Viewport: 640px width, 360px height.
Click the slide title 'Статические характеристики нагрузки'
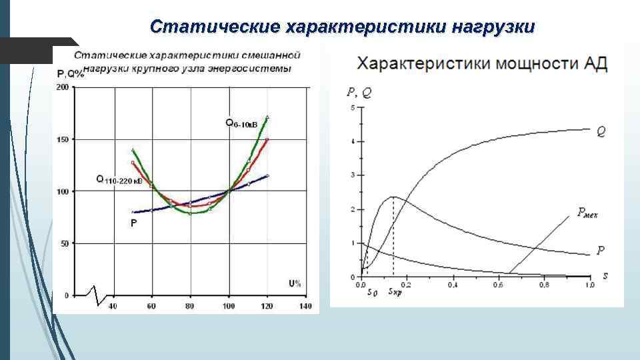click(x=342, y=27)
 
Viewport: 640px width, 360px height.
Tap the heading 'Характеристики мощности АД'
click(x=482, y=64)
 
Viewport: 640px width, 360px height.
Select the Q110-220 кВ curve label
click(x=119, y=180)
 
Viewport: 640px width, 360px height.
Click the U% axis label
click(x=295, y=283)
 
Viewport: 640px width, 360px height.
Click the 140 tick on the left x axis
click(x=305, y=306)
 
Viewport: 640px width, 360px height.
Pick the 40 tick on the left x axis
click(x=113, y=306)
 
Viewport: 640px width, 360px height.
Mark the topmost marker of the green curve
click(x=267, y=117)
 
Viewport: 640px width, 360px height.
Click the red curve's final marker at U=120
click(x=267, y=139)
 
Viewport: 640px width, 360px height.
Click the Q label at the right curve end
click(x=601, y=132)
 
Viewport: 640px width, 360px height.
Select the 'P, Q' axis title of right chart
click(x=360, y=94)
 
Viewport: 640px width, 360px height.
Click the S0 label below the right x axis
click(x=373, y=292)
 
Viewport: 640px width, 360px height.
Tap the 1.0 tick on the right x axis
click(x=589, y=285)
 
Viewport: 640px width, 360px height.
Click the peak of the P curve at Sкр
click(x=393, y=197)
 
